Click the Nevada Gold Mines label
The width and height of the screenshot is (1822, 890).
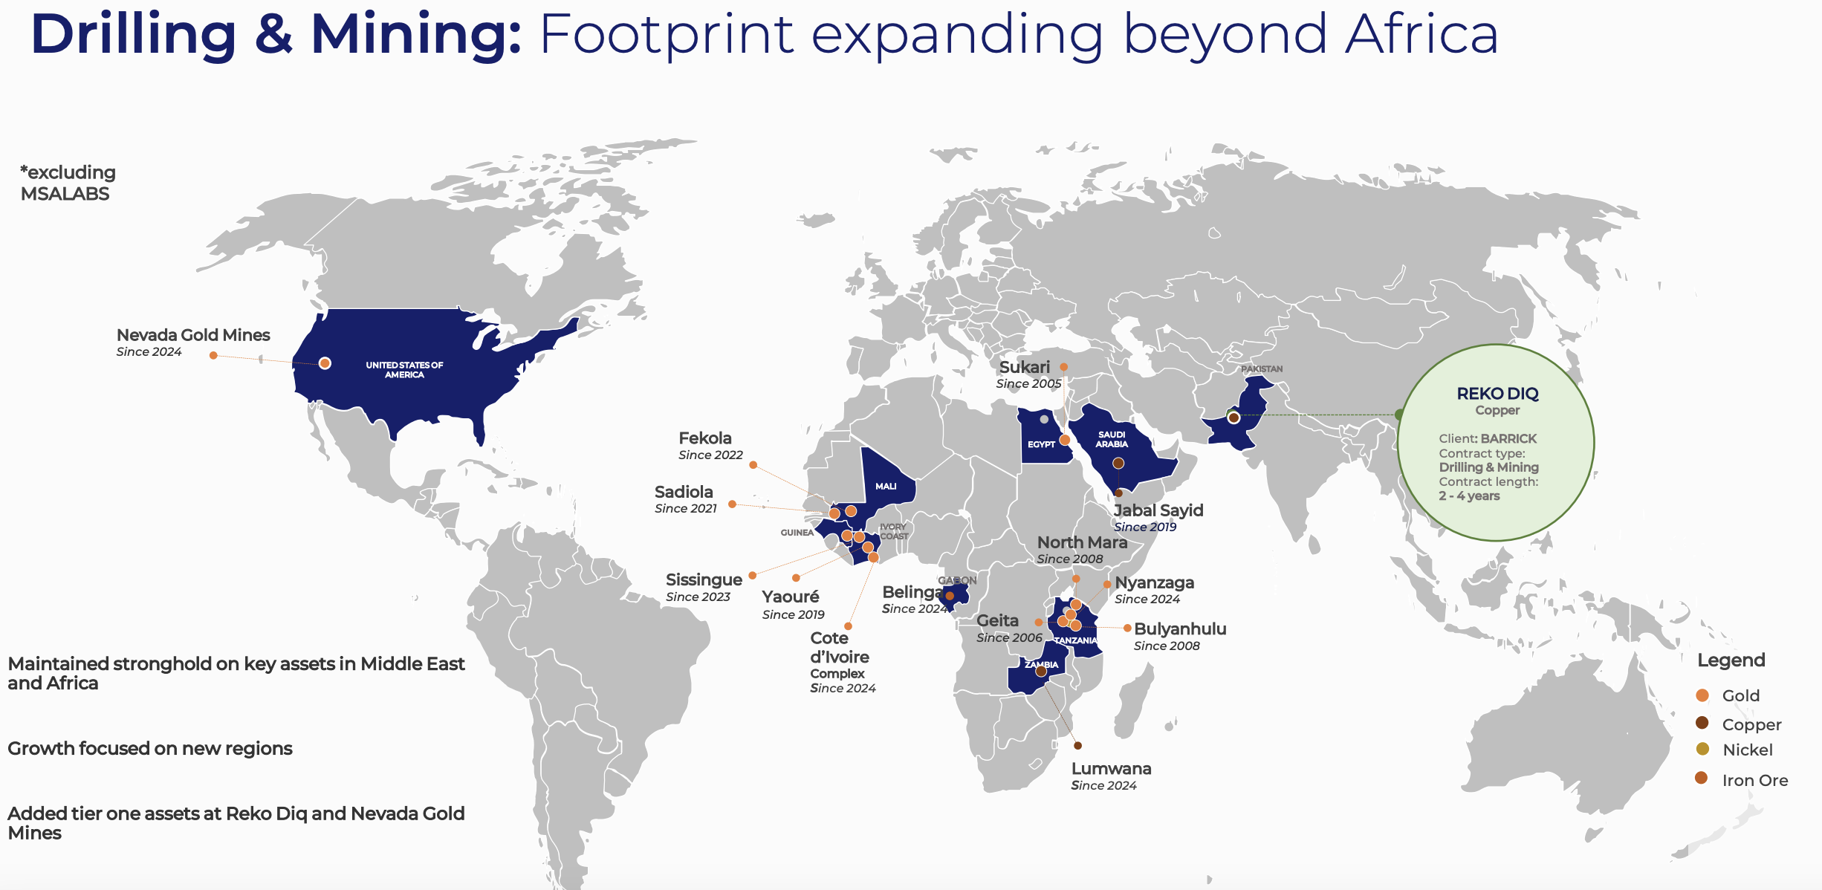pos(193,335)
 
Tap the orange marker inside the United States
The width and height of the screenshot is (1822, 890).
pos(325,363)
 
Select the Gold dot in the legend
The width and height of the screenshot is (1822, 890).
pos(1702,695)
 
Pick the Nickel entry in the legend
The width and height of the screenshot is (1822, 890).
pos(1748,750)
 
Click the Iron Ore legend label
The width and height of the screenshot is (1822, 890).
pos(1755,780)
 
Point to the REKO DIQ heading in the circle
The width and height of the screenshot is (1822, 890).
pos(1497,394)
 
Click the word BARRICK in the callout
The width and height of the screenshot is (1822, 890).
pos(1508,438)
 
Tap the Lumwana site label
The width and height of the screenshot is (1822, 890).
pos(1111,769)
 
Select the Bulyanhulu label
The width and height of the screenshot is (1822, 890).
pos(1180,629)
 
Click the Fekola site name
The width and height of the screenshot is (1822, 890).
pos(705,438)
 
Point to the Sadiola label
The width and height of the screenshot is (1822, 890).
pos(684,492)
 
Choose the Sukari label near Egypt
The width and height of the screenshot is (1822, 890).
pos(1025,367)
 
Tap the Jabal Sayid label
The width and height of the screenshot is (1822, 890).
pos(1158,510)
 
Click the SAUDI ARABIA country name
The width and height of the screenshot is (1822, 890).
pos(1112,439)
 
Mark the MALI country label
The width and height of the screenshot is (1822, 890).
pos(886,487)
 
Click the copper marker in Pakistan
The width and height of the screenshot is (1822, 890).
pos(1233,418)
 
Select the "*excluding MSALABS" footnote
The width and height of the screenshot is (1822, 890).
pos(68,183)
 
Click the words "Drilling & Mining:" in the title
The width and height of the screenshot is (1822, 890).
pos(276,34)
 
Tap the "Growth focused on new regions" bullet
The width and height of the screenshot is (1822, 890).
pos(150,748)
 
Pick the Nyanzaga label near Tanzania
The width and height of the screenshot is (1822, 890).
pos(1154,582)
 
